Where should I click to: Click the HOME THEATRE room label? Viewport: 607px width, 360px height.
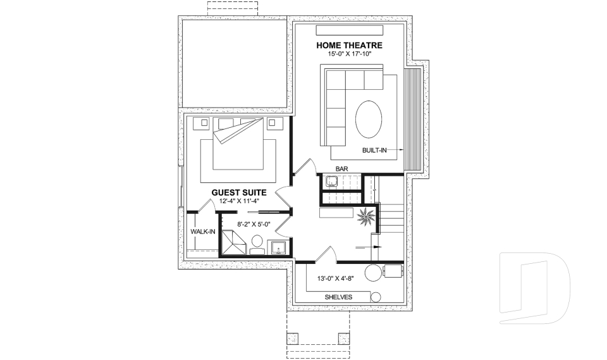pos(349,45)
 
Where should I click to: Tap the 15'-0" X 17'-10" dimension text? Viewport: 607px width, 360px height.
pos(349,54)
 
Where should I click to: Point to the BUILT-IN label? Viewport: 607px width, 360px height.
pos(374,151)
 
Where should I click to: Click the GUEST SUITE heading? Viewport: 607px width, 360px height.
pos(238,192)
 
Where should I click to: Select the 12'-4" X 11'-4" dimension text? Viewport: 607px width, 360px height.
pos(240,201)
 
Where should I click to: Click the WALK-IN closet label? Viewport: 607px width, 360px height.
pos(203,232)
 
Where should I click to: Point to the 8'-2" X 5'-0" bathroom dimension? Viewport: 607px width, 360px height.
pos(254,223)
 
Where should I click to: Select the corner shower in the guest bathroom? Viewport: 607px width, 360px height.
pos(232,243)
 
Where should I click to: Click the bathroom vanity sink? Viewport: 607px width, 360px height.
pos(278,247)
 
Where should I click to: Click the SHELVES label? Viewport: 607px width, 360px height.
pos(338,297)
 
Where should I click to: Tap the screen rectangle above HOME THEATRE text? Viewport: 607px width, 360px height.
pos(350,31)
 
